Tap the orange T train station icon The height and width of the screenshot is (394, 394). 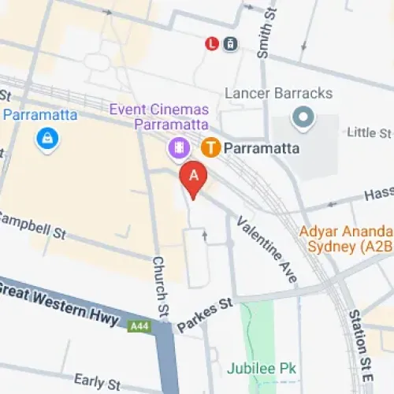point(210,147)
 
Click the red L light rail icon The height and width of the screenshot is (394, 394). point(212,44)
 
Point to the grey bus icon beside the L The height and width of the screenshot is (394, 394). point(229,44)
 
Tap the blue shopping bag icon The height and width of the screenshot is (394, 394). point(49,139)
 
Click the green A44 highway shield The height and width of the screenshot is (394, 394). point(139,324)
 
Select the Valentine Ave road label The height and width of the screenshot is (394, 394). point(268,250)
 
